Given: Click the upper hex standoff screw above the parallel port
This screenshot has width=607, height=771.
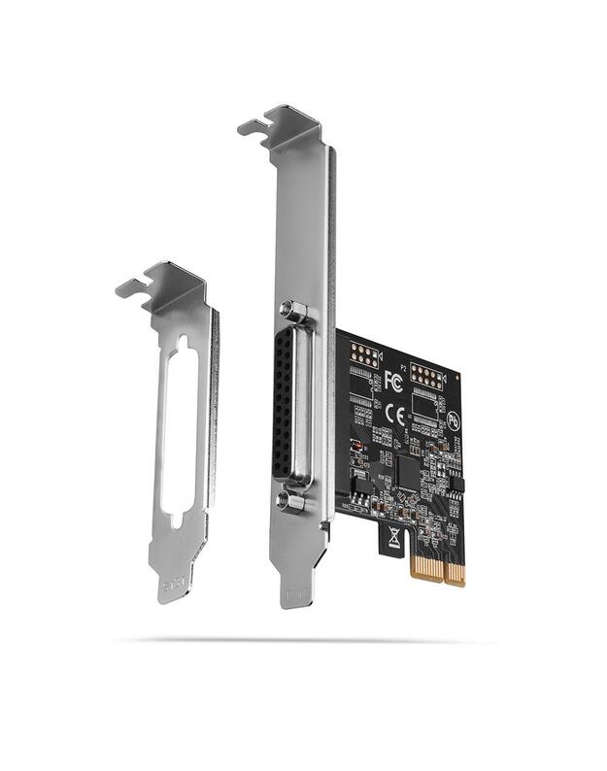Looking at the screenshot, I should tap(295, 312).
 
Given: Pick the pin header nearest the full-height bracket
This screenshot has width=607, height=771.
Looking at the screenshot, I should tap(363, 354).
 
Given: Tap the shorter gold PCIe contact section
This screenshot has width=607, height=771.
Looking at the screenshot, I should tap(455, 573).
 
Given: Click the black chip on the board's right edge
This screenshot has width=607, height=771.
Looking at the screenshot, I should tap(456, 485).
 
